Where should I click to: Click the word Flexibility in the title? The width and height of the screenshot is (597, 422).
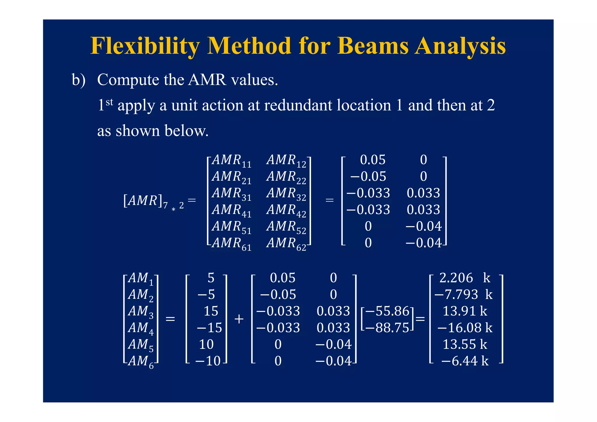click(145, 46)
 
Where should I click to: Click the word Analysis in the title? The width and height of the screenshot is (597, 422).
click(460, 46)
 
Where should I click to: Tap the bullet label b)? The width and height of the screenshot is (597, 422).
click(78, 80)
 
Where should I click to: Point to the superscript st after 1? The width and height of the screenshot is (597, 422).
click(109, 102)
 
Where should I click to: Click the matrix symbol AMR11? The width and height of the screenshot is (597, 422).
click(231, 161)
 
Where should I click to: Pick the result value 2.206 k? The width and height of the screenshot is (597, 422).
click(465, 278)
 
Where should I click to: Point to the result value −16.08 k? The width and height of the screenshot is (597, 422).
click(465, 328)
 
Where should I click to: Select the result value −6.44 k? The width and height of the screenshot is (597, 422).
click(465, 361)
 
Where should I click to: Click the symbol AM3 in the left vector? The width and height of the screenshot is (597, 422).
click(141, 312)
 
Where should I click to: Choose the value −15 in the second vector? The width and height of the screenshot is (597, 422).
click(209, 328)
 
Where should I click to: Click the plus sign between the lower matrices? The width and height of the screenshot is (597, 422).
click(239, 319)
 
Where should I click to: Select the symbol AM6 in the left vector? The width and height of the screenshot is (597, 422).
click(141, 362)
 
